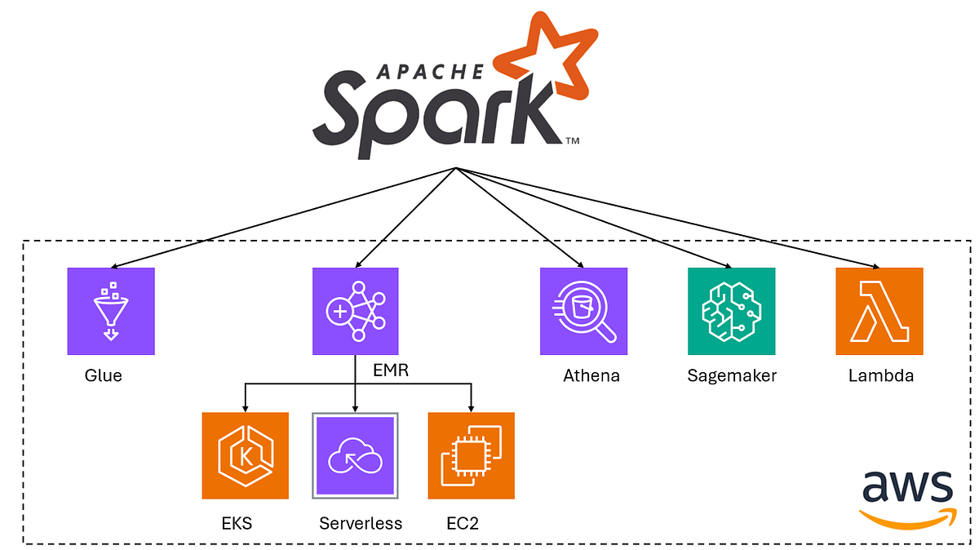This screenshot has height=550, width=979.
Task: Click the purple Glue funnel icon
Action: [111, 311]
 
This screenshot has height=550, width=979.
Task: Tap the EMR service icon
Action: [356, 311]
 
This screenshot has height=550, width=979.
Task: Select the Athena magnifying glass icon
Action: [583, 311]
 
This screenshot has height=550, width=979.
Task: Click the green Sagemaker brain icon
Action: [731, 311]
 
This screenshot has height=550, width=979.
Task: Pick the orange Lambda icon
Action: [879, 311]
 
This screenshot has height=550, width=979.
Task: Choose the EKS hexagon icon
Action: [245, 455]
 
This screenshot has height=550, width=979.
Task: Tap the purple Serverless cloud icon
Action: [355, 455]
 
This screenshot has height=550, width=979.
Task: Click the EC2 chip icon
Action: [471, 455]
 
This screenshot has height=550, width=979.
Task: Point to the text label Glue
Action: [103, 376]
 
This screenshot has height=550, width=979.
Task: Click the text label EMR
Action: [390, 371]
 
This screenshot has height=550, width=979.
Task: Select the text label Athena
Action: [591, 376]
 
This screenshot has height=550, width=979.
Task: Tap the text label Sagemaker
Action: [732, 376]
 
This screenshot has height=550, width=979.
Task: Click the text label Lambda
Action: [881, 376]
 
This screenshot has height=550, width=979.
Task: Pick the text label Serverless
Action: [361, 523]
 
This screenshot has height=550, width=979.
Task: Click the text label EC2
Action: [463, 523]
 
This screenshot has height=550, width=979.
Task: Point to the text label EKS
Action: [237, 523]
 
